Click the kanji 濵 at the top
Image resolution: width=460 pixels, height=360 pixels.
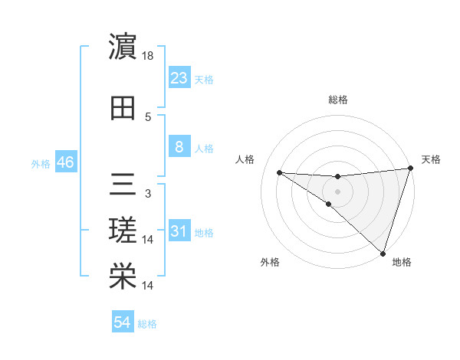[x=123, y=47]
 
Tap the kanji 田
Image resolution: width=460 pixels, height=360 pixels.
[x=123, y=108]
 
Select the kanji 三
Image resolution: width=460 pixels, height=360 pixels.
[x=123, y=184]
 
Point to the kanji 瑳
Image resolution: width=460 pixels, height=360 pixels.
[x=123, y=230]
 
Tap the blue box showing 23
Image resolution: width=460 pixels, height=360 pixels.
[x=179, y=78]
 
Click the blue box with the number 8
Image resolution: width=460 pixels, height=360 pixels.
[x=179, y=147]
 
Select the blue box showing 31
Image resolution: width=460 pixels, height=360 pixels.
[x=179, y=231]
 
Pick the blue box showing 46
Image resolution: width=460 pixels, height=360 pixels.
[x=64, y=162]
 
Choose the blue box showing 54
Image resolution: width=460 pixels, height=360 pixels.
[x=123, y=322]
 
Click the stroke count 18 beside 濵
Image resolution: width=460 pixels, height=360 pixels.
[x=149, y=56]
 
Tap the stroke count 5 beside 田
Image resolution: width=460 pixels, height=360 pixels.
[x=148, y=117]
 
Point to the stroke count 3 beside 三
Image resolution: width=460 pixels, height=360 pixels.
[x=148, y=194]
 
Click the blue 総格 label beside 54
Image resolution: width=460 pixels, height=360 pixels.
[x=147, y=324]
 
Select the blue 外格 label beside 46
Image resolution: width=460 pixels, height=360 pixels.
[x=40, y=164]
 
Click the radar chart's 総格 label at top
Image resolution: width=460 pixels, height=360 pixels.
[x=337, y=100]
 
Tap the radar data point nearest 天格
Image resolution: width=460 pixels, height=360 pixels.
[x=410, y=169]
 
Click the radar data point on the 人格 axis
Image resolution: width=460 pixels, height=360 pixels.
[x=279, y=172]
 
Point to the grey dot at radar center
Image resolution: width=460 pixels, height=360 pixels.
[x=337, y=191]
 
